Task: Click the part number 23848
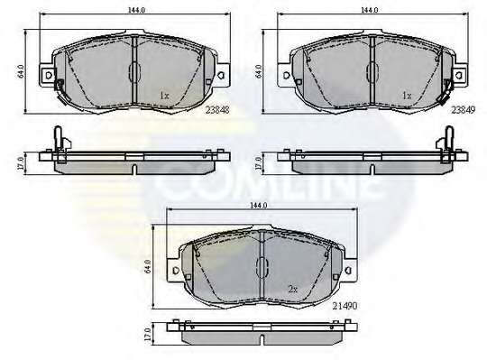point(217,110)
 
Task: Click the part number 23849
point(464,110)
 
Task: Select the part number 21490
point(345,306)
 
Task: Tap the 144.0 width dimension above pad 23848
point(136,10)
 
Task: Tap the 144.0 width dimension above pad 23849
point(369,10)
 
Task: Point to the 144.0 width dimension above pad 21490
point(259,206)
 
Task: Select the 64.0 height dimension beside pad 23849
point(258,71)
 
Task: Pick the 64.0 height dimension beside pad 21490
point(148,266)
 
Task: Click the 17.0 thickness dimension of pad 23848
point(21,163)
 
